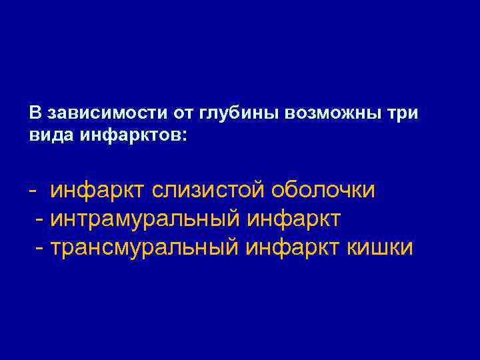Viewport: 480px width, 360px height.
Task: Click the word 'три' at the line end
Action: pos(404,113)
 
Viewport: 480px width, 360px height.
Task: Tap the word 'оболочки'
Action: pos(322,191)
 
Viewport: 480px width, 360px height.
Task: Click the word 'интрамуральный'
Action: pos(147,219)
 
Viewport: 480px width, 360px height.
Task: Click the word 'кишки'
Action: pos(380,247)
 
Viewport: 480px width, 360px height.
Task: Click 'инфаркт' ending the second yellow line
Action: pos(294,219)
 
